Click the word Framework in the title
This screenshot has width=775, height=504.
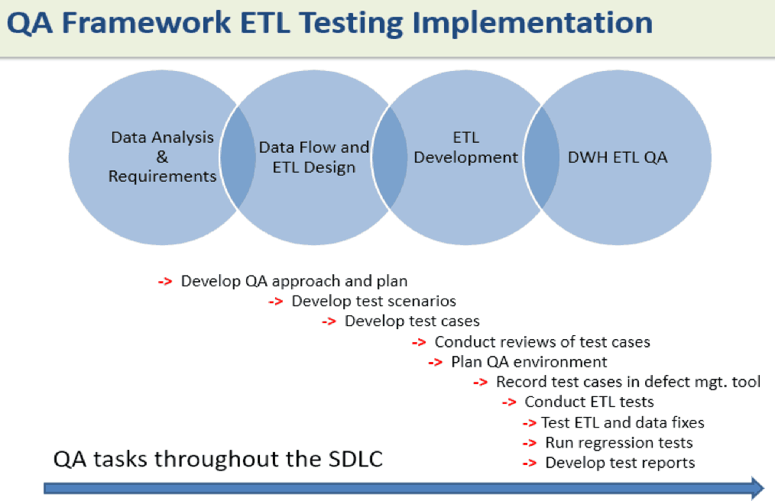pos(146,23)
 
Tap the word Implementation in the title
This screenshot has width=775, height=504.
pos(532,24)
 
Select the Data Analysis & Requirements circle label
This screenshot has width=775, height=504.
pos(162,157)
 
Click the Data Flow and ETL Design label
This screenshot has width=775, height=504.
pos(314,157)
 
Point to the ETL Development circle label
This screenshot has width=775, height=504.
pos(465,147)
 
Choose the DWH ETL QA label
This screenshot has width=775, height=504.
pos(618,157)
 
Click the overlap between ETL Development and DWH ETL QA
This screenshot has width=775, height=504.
pos(541,157)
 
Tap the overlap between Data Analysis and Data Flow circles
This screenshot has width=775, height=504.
pos(238,157)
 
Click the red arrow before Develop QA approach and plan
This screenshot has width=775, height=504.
pos(165,282)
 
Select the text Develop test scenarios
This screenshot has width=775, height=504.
pos(374,301)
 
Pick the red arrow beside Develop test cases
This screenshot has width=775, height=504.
pos(329,321)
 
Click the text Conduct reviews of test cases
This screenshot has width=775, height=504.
pos(542,341)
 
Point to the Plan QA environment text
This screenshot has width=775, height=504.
pos(529,362)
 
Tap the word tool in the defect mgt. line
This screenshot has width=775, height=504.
pos(746,382)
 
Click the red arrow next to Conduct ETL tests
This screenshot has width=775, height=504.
pos(509,402)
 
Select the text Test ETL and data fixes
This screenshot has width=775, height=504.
pos(623,422)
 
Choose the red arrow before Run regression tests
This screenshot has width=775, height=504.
pos(530,443)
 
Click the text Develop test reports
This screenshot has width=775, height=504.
pos(620,463)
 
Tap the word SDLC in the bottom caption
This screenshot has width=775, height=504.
pos(355,459)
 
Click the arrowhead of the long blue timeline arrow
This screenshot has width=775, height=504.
pos(758,488)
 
